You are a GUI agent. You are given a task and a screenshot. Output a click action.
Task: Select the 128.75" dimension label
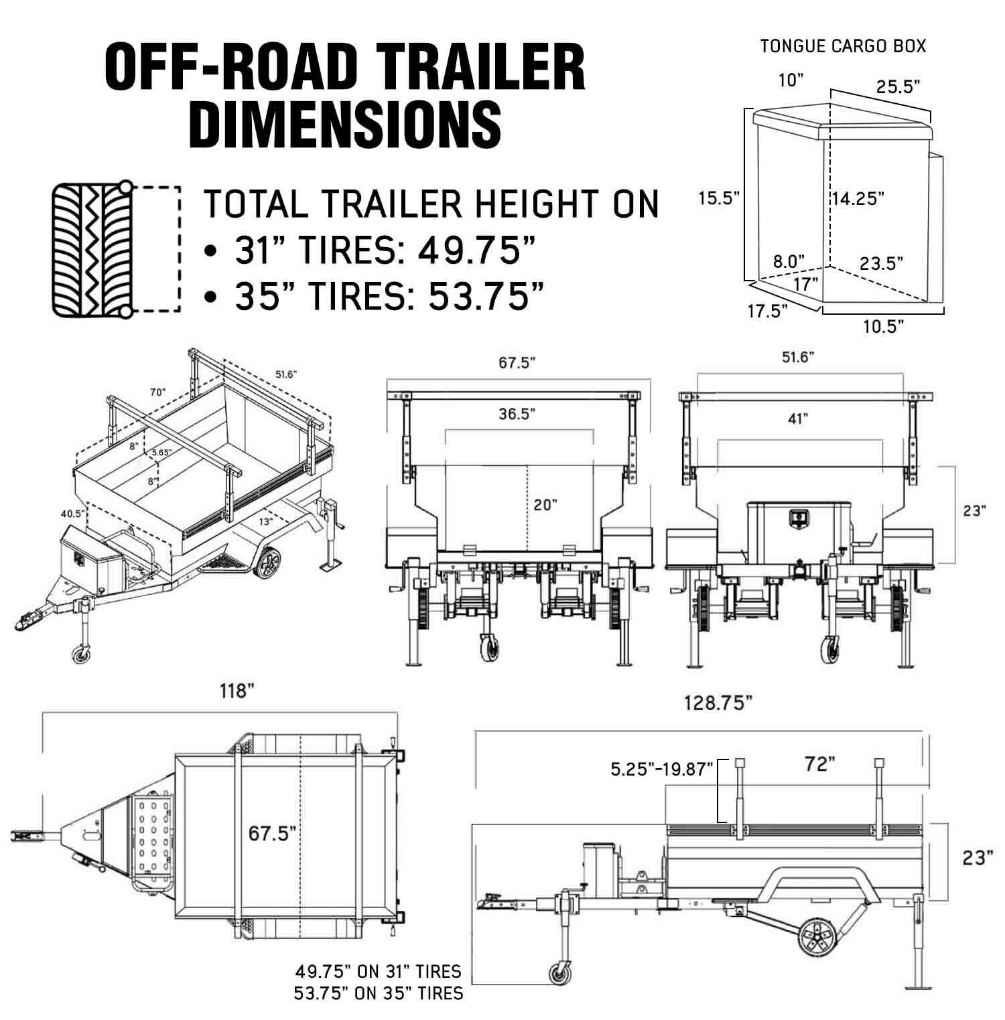click(x=719, y=703)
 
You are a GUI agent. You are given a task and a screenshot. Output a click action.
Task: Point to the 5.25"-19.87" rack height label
click(x=662, y=768)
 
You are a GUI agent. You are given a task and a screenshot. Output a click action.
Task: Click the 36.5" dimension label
click(x=517, y=414)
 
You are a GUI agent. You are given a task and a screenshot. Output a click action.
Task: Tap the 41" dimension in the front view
click(x=797, y=419)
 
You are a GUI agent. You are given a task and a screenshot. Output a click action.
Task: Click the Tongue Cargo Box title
click(x=843, y=46)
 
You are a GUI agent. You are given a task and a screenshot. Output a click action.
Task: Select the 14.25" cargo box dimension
click(x=858, y=198)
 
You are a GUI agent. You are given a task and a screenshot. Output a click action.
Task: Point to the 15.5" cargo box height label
click(x=719, y=198)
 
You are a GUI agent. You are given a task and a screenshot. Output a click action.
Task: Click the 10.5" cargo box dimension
click(x=884, y=326)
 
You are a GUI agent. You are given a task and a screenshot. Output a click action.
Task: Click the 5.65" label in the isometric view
click(x=161, y=453)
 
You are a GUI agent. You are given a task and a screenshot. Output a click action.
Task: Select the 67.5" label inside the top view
click(x=273, y=834)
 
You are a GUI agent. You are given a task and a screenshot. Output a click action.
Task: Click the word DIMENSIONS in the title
click(x=346, y=125)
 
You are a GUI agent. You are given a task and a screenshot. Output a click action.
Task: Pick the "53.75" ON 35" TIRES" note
click(x=379, y=993)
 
